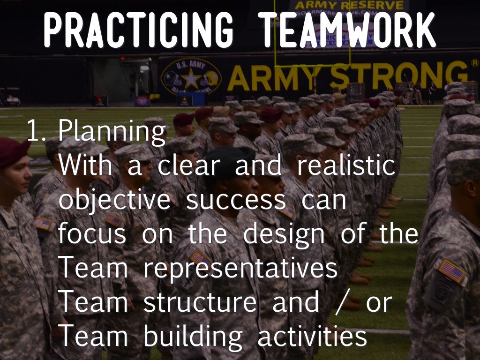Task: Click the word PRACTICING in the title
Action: pyautogui.click(x=138, y=30)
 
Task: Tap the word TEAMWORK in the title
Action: pyautogui.click(x=348, y=30)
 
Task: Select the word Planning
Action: pyautogui.click(x=112, y=133)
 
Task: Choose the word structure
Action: pyautogui.click(x=200, y=302)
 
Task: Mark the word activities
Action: pyautogui.click(x=311, y=336)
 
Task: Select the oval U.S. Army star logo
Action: pyautogui.click(x=191, y=77)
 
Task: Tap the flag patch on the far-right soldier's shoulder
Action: pyautogui.click(x=451, y=270)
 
